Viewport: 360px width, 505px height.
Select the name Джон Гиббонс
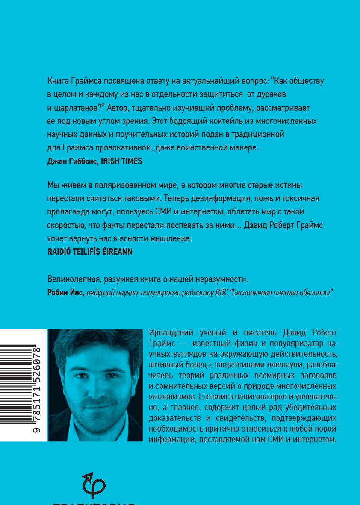click(71, 161)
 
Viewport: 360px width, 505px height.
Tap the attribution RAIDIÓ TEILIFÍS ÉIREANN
click(89, 252)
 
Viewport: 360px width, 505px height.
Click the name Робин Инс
click(65, 293)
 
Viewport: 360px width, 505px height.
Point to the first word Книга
click(57, 81)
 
